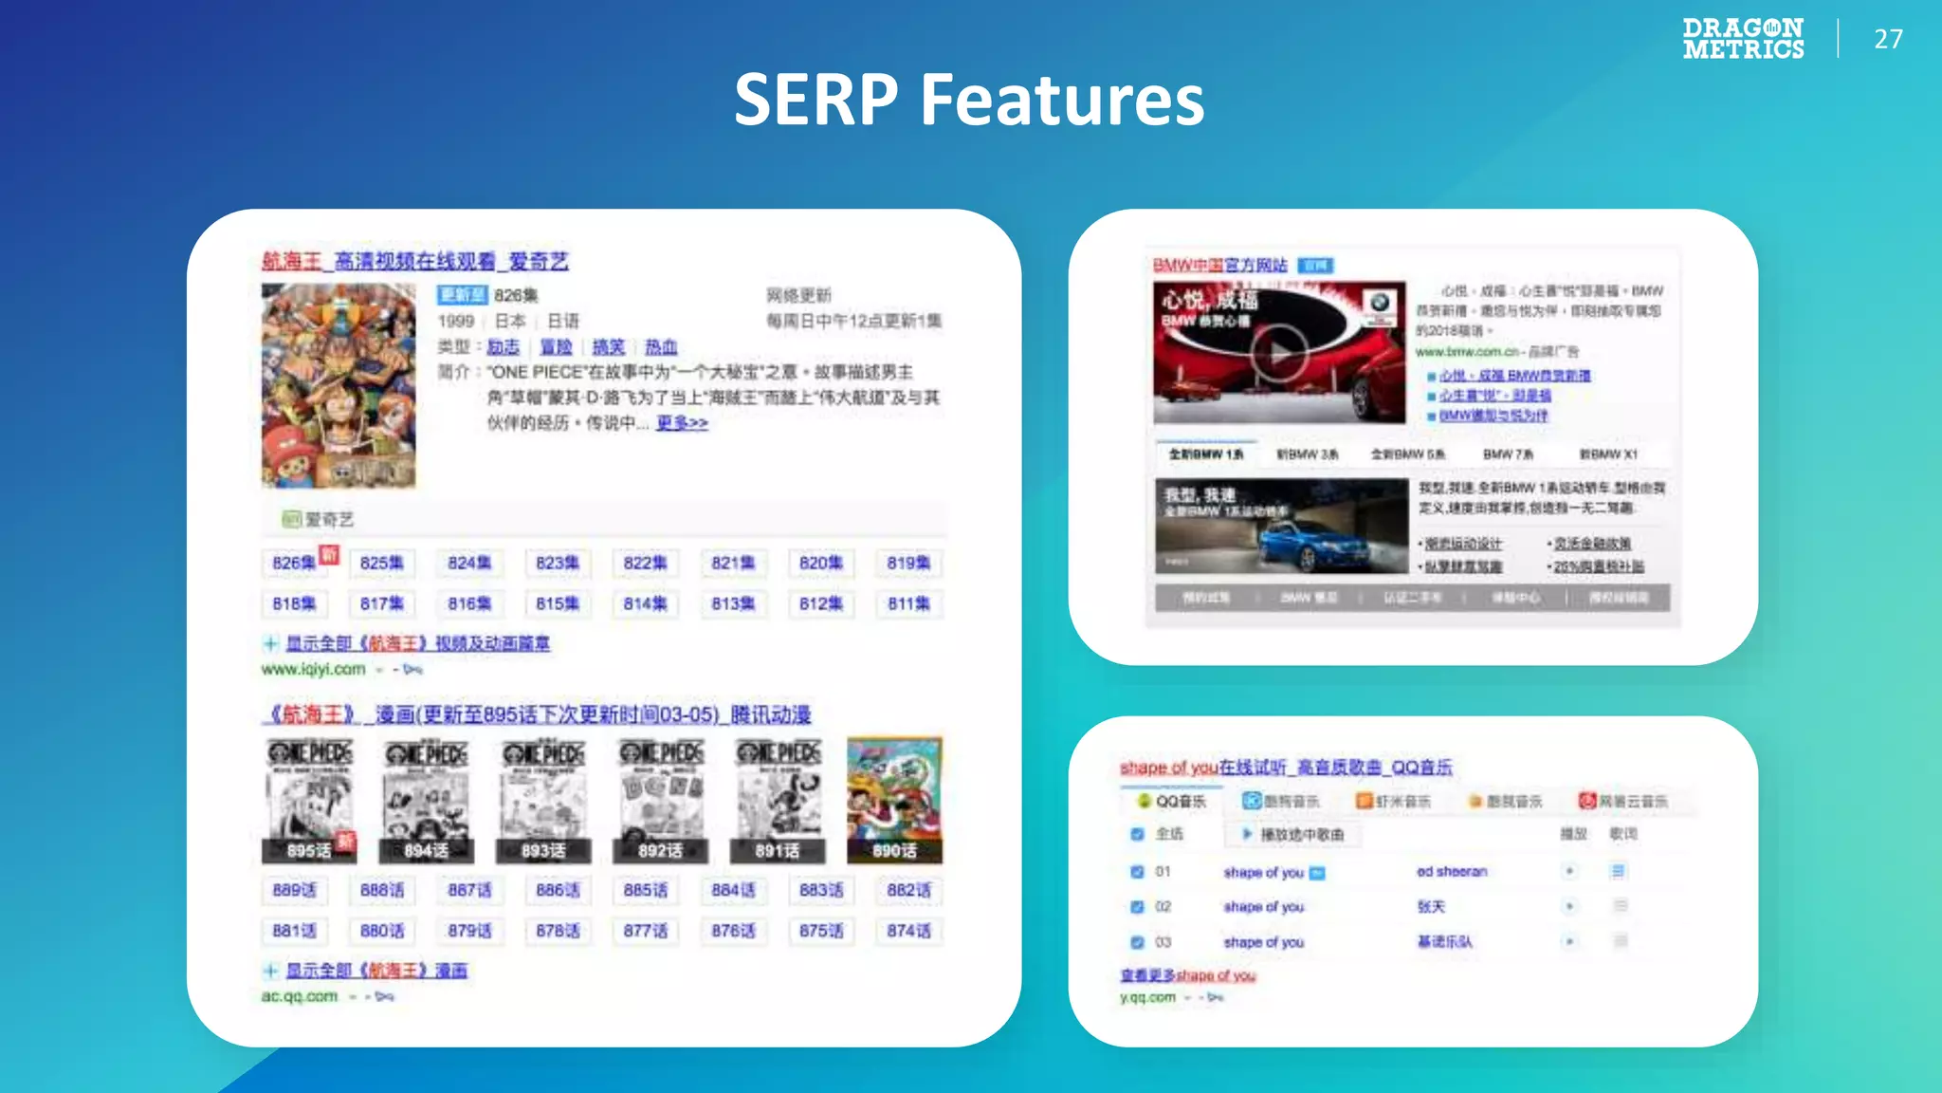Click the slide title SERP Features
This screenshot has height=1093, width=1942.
(x=969, y=100)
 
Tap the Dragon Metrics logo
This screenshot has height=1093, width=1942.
(x=1743, y=39)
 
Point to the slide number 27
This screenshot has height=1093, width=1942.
(x=1888, y=39)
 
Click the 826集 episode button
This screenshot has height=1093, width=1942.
(x=294, y=563)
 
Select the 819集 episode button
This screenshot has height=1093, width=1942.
(x=908, y=563)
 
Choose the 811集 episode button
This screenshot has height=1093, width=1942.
(x=908, y=603)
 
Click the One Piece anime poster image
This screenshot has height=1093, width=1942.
(x=339, y=385)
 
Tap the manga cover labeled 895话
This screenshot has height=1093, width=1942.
(x=309, y=800)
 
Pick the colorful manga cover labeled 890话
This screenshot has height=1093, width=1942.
(x=894, y=800)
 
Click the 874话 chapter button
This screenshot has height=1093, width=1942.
(x=908, y=931)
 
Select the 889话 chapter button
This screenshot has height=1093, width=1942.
(x=294, y=890)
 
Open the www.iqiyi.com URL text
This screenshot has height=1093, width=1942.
(x=313, y=669)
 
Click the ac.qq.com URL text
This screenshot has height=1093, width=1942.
(x=300, y=996)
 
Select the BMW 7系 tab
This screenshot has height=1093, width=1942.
(x=1508, y=454)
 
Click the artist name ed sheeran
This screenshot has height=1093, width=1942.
(x=1452, y=871)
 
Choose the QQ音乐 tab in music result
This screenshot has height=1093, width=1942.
(x=1173, y=801)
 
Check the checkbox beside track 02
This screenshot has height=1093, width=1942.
(x=1137, y=906)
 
